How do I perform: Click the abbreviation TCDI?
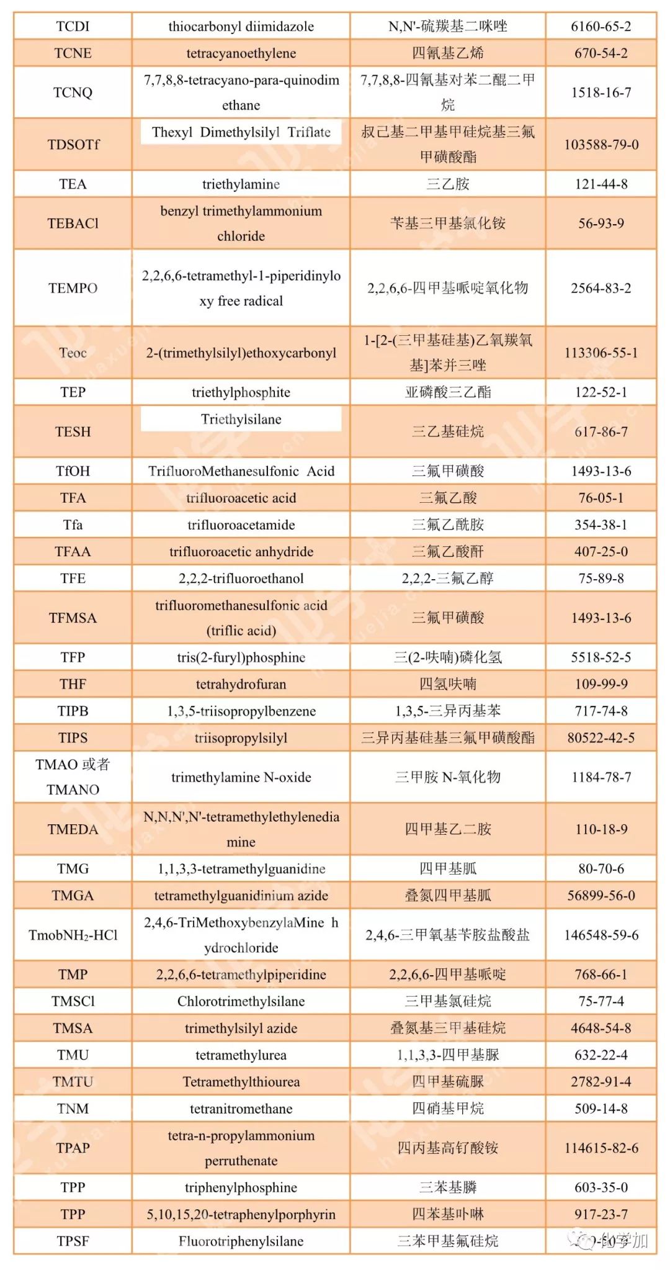pyautogui.click(x=73, y=26)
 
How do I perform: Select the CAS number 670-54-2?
pyautogui.click(x=601, y=53)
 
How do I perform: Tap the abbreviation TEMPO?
pyautogui.click(x=73, y=288)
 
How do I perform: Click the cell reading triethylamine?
pyautogui.click(x=241, y=184)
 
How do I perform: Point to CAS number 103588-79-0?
pyautogui.click(x=601, y=145)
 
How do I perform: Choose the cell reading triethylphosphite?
pyautogui.click(x=241, y=392)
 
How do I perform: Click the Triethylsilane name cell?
pyautogui.click(x=241, y=420)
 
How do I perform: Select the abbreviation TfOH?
pyautogui.click(x=73, y=471)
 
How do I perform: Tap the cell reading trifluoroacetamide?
pyautogui.click(x=241, y=525)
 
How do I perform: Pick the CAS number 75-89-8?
pyautogui.click(x=601, y=579)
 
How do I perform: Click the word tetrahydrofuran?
pyautogui.click(x=241, y=684)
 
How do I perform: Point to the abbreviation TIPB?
pyautogui.click(x=73, y=711)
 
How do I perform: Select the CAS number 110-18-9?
pyautogui.click(x=601, y=829)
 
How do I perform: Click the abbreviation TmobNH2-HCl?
pyautogui.click(x=73, y=935)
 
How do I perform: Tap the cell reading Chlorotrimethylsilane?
pyautogui.click(x=241, y=1001)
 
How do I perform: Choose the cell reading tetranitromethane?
pyautogui.click(x=241, y=1109)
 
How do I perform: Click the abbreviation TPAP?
pyautogui.click(x=73, y=1148)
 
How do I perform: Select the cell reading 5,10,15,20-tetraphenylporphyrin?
pyautogui.click(x=241, y=1214)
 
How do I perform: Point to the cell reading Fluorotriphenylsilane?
pyautogui.click(x=241, y=1241)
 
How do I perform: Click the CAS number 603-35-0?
pyautogui.click(x=601, y=1187)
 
